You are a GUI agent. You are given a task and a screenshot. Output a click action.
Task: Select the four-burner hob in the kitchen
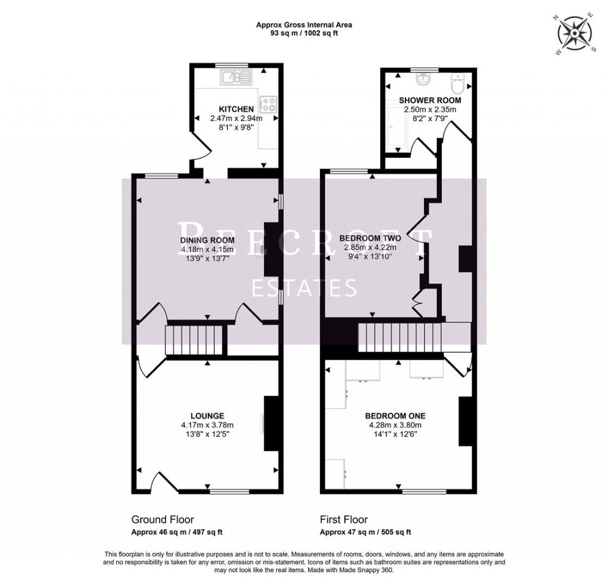(268, 104)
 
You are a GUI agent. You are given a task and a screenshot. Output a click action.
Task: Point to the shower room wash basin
(423, 79)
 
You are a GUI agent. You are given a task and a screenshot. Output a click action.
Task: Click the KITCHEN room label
(236, 110)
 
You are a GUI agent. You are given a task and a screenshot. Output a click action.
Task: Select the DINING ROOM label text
(207, 240)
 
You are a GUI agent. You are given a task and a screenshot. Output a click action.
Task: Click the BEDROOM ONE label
(395, 415)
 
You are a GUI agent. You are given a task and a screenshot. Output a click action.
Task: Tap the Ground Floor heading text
(162, 519)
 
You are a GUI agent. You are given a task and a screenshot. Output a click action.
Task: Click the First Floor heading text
(344, 519)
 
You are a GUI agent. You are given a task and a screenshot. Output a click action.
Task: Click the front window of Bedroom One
(425, 491)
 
